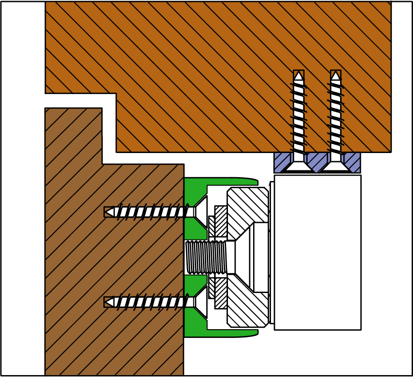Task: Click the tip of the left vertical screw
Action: click(299, 75)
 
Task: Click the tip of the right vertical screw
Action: click(336, 75)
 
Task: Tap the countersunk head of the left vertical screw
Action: click(299, 165)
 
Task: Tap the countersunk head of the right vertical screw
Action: click(336, 165)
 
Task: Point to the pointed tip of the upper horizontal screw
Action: click(107, 212)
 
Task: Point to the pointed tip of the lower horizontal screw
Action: click(107, 302)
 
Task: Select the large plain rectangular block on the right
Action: click(317, 252)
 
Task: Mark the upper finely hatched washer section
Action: click(221, 221)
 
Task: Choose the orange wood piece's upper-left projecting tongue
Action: click(80, 48)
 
